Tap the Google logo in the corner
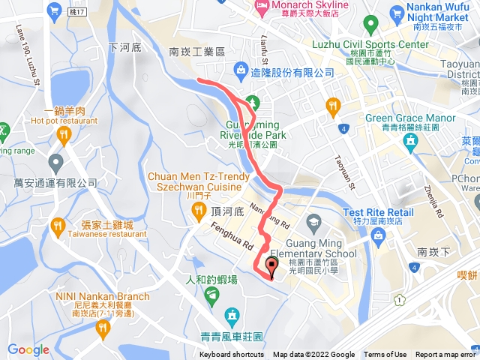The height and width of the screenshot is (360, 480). click(x=28, y=349)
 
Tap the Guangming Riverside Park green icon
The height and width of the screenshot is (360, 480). click(x=252, y=102)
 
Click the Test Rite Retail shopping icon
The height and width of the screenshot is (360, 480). click(x=378, y=238)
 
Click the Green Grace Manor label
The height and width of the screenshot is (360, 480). click(x=410, y=118)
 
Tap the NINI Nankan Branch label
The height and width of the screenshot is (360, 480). click(x=102, y=296)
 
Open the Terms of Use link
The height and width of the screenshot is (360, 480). click(x=385, y=355)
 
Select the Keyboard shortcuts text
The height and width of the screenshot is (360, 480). click(x=232, y=355)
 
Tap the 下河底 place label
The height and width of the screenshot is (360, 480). click(x=125, y=46)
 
